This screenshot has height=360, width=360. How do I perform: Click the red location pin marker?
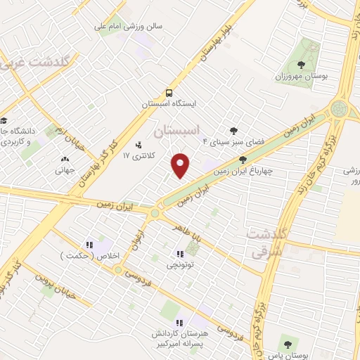point(181,165)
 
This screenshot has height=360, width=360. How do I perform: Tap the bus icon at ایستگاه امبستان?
point(169,93)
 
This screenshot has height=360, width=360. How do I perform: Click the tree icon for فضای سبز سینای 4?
point(233,130)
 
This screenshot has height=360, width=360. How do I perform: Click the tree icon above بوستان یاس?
point(286,344)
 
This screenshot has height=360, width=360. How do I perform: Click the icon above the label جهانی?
point(65,159)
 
